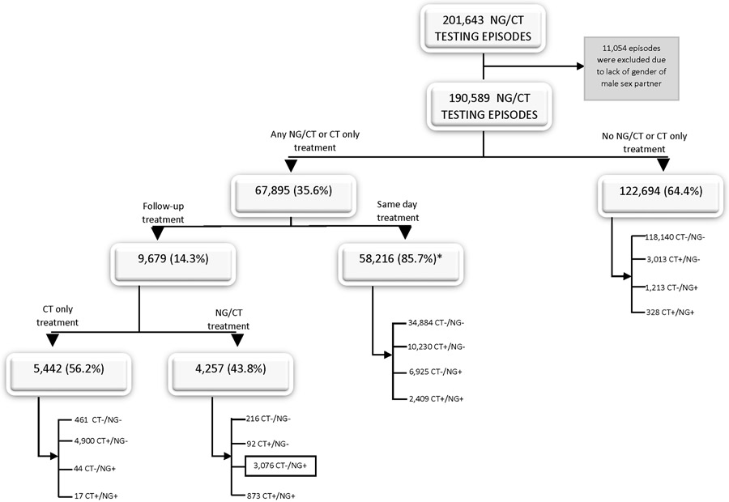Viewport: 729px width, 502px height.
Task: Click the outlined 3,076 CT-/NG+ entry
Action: click(x=279, y=466)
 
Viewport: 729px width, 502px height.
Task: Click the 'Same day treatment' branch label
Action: click(x=398, y=212)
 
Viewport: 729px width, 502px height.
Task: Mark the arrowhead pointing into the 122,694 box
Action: click(x=663, y=165)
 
